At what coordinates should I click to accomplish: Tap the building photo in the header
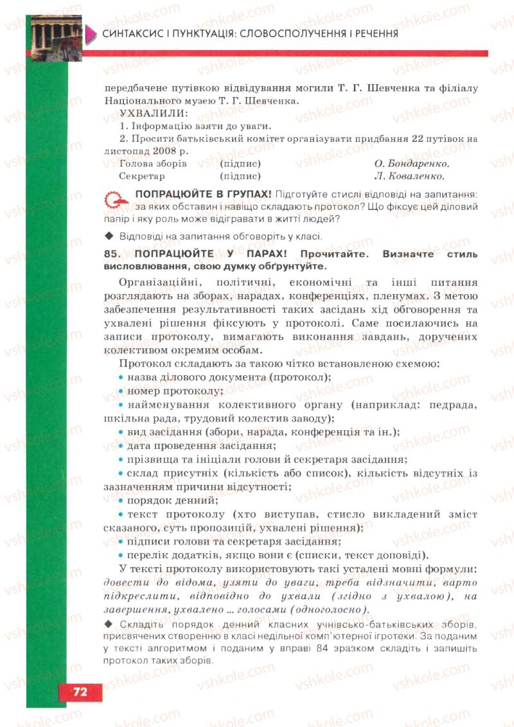point(57,37)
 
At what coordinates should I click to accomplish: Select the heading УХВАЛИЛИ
point(146,114)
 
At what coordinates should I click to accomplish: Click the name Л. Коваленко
point(409,175)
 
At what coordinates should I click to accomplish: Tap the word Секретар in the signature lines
point(142,175)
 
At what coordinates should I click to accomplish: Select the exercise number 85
point(112,254)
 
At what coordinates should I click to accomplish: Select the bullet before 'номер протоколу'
point(122,390)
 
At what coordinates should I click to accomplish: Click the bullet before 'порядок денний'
point(122,500)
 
